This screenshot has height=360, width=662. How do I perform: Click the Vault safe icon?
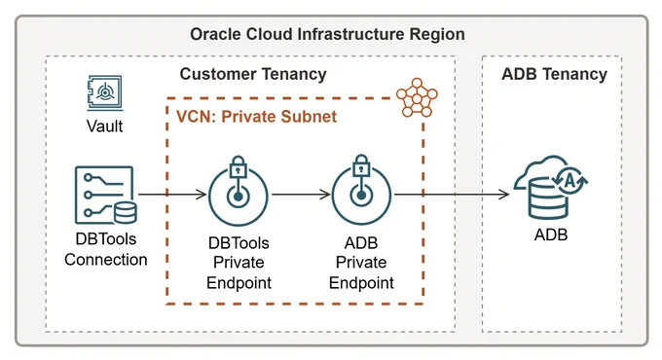(105, 92)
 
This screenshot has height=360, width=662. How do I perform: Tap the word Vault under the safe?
(105, 126)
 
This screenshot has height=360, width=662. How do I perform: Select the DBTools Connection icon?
(105, 195)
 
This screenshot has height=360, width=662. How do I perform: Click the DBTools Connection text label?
(106, 249)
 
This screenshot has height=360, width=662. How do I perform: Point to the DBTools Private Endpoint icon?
(239, 191)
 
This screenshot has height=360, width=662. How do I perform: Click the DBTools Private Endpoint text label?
(239, 263)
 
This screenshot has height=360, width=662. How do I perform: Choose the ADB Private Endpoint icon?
(361, 190)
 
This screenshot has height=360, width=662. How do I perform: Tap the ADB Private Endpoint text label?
(361, 263)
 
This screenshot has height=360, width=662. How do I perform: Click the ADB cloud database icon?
(551, 188)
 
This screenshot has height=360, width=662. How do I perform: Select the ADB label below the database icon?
(551, 234)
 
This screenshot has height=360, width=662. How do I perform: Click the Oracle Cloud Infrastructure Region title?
(327, 34)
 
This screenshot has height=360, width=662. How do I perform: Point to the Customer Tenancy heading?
(253, 74)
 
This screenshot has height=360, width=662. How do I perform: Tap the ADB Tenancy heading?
(554, 74)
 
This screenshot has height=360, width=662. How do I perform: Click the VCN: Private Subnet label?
(256, 117)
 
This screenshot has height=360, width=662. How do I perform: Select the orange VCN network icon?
(417, 98)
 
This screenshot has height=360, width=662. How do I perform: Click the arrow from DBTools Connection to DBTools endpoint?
(172, 195)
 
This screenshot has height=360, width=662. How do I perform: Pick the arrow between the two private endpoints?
(301, 195)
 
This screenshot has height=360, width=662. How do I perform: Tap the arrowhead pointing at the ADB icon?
(504, 195)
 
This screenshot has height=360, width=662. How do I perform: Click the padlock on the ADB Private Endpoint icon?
(361, 166)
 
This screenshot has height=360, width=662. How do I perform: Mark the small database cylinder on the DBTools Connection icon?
(126, 213)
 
